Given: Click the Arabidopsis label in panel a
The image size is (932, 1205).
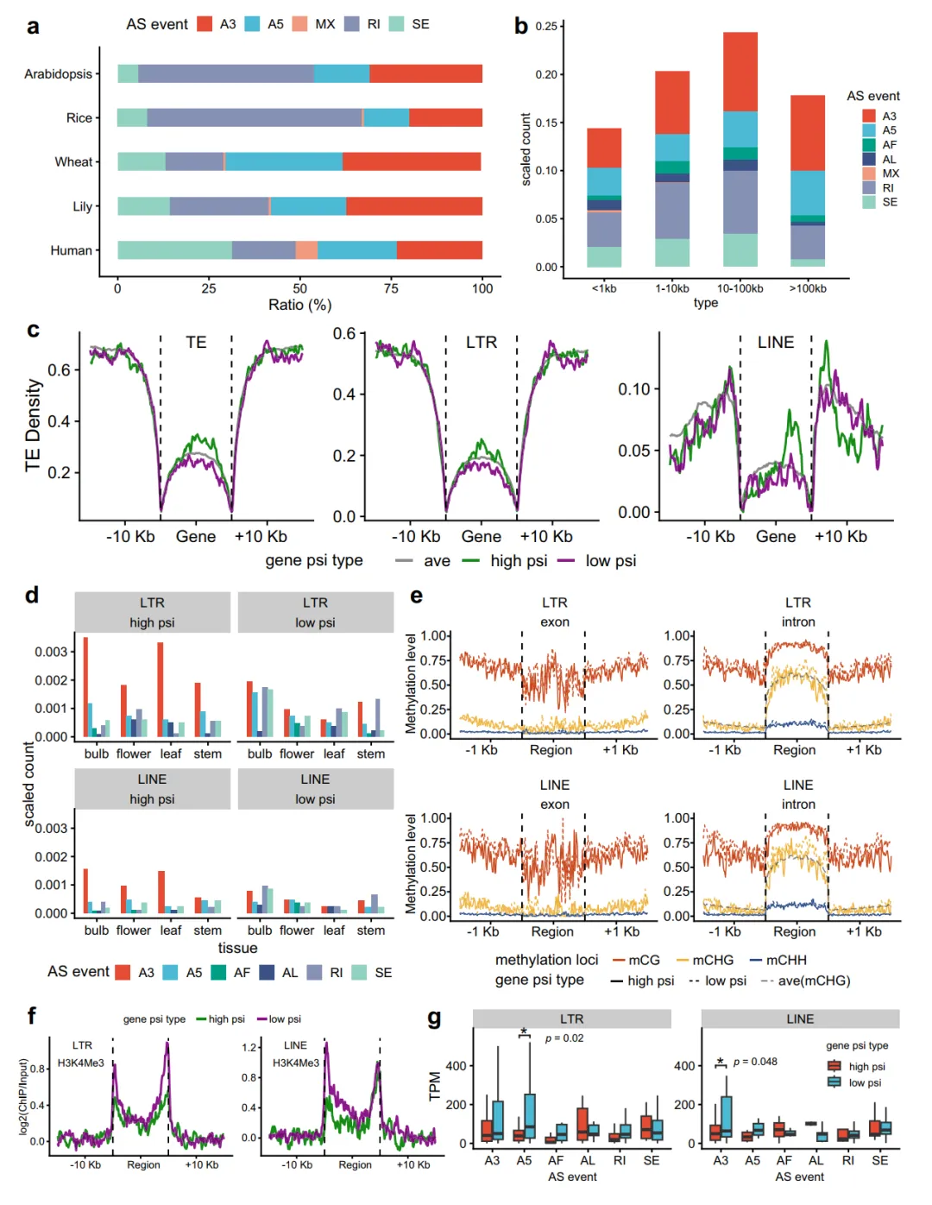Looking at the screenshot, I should [x=58, y=74].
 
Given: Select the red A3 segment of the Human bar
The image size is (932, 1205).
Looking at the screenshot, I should [x=439, y=250].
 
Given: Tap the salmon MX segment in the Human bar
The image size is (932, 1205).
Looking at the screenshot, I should [x=306, y=250].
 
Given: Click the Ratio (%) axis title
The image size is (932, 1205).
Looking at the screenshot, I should [x=299, y=305].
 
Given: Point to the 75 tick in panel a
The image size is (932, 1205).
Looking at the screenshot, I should [x=391, y=288].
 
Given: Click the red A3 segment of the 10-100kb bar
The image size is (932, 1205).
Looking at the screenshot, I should [x=740, y=72].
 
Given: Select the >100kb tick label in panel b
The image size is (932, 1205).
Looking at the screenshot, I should [x=808, y=288].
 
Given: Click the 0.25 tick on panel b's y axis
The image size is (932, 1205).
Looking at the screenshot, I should [x=545, y=26].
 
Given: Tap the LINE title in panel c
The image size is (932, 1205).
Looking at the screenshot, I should [x=775, y=343].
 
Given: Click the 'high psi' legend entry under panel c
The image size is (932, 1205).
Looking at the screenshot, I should [x=518, y=561].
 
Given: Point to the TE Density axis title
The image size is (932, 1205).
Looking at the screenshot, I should [x=33, y=425].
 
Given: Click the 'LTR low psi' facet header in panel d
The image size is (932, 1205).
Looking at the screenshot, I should [x=315, y=613].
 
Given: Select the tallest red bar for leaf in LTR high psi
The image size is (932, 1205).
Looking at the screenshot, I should [x=161, y=688].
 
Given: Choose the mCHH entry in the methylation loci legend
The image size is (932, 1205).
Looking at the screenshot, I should [x=785, y=960].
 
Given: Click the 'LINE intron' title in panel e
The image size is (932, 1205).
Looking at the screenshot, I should [x=797, y=794].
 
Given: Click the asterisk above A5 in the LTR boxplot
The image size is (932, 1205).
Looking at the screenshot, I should [x=524, y=1032].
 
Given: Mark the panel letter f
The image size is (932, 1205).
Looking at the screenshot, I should [x=32, y=1016].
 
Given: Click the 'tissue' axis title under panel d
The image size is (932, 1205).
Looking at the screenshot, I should [x=237, y=948].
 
